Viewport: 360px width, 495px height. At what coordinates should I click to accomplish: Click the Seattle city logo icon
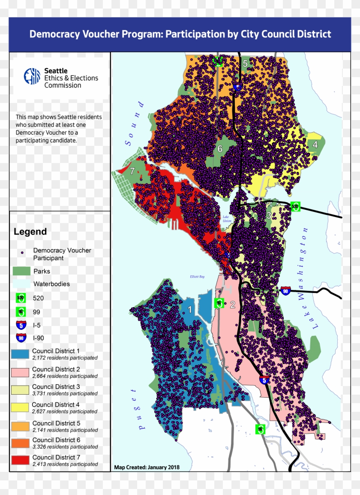pyautogui.click(x=32, y=77)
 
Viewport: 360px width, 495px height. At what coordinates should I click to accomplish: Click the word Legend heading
pyautogui.click(x=30, y=232)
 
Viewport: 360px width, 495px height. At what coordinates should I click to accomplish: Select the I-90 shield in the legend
pyautogui.click(x=21, y=338)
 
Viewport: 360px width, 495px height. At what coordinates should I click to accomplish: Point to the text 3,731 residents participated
pyautogui.click(x=65, y=393)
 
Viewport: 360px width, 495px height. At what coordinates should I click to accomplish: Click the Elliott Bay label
pyautogui.click(x=198, y=277)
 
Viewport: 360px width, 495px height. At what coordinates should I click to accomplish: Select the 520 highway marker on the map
pyautogui.click(x=295, y=206)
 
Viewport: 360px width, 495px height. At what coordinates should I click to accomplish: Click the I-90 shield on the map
pyautogui.click(x=286, y=291)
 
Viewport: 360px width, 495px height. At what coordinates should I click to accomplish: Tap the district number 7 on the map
pyautogui.click(x=132, y=171)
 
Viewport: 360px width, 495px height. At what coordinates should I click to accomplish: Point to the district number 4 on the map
pyautogui.click(x=315, y=145)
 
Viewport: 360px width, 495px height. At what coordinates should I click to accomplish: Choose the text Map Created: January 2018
pyautogui.click(x=147, y=467)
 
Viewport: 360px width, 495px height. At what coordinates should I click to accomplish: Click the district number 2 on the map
pyautogui.click(x=233, y=305)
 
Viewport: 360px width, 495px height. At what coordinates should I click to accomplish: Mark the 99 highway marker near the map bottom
pyautogui.click(x=261, y=429)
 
